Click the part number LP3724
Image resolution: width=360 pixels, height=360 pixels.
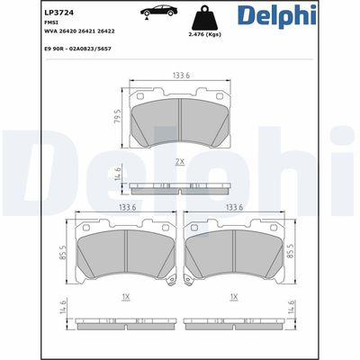click(55, 13)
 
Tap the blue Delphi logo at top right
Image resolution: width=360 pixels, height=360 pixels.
click(277, 16)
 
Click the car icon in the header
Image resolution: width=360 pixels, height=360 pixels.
click(158, 11)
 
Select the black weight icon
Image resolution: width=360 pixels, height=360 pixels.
click(204, 17)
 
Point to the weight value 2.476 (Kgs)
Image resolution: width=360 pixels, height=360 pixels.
click(204, 34)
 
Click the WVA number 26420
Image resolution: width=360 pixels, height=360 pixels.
click(69, 31)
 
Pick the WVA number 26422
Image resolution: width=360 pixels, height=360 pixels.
click(106, 31)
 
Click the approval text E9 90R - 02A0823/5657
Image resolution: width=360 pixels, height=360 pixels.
click(77, 49)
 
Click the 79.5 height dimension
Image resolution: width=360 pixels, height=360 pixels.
click(118, 116)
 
